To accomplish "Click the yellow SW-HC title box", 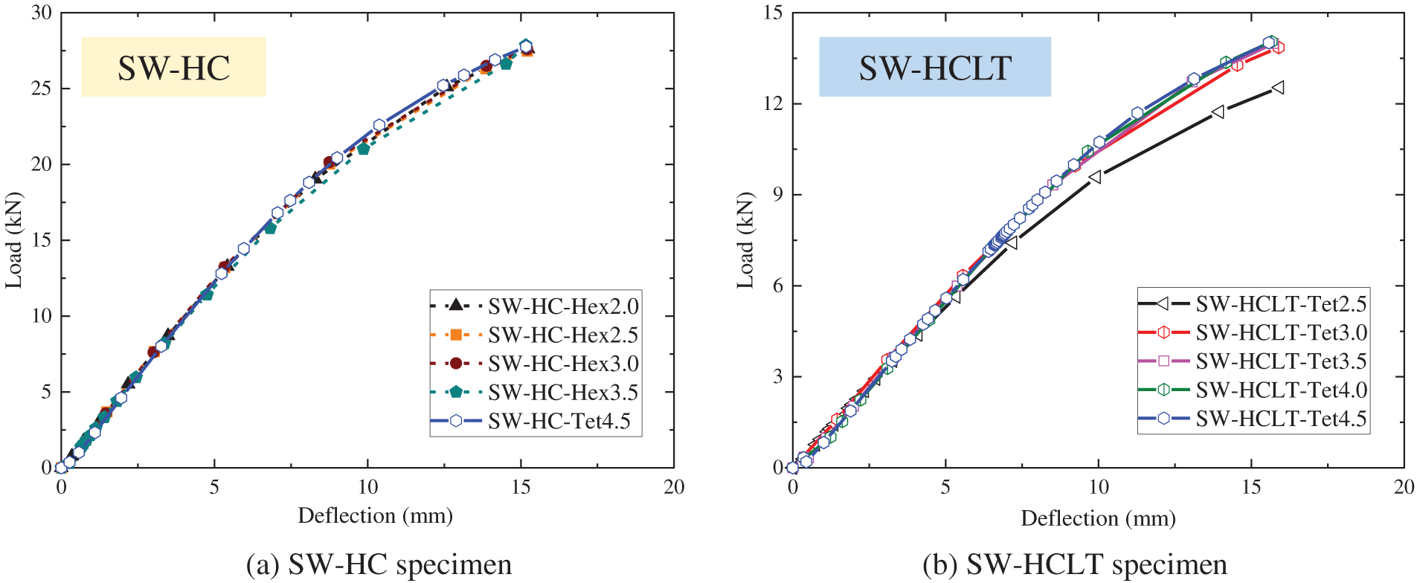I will [x=173, y=68].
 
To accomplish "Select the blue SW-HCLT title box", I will [x=934, y=68].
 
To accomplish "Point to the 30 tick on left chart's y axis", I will [x=41, y=13].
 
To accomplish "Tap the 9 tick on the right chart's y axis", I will [x=777, y=194].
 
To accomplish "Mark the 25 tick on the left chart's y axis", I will [x=41, y=88].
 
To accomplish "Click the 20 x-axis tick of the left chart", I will [x=673, y=487].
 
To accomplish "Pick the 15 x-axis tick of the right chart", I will [x=1251, y=487].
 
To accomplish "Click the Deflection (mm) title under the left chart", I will [x=375, y=515].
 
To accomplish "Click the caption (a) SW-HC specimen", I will [x=379, y=564].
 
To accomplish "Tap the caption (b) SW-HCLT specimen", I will [x=1075, y=564].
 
